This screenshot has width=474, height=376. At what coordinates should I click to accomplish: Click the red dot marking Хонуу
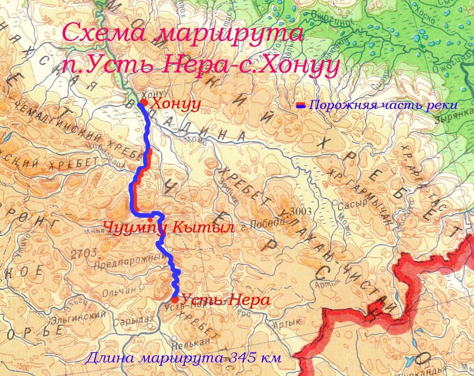pos(143,103)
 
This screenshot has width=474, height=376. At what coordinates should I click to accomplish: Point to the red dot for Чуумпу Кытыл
pos(150,219)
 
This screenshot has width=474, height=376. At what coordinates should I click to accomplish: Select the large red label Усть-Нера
pos(225,300)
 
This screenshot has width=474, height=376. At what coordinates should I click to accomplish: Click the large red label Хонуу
pos(175,104)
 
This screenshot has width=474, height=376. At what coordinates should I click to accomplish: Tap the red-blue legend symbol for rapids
pos(301,105)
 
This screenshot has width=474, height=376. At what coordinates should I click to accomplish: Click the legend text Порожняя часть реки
pos(383,105)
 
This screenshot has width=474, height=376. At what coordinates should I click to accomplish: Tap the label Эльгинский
pos(80,315)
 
